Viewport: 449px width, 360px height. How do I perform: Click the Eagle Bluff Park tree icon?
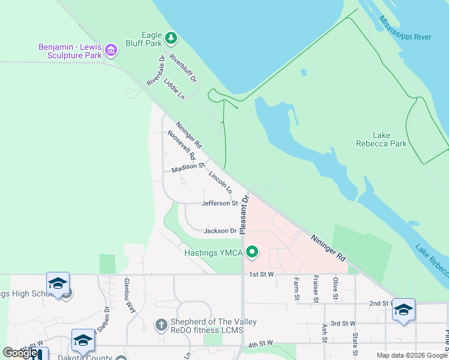click(172, 38)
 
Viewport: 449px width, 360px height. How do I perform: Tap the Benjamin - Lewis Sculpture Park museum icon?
click(110, 51)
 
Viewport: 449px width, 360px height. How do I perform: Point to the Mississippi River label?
click(405, 28)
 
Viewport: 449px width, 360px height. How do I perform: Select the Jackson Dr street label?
click(220, 231)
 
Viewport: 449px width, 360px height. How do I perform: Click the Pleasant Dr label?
click(243, 214)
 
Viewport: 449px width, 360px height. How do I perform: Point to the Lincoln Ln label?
click(220, 182)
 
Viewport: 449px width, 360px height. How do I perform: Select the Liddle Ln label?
click(173, 88)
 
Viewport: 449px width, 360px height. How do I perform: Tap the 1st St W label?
click(262, 274)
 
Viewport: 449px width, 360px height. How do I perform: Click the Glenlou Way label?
click(129, 296)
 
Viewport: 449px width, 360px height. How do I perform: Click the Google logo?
click(20, 353)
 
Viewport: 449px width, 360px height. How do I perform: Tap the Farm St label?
click(296, 288)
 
